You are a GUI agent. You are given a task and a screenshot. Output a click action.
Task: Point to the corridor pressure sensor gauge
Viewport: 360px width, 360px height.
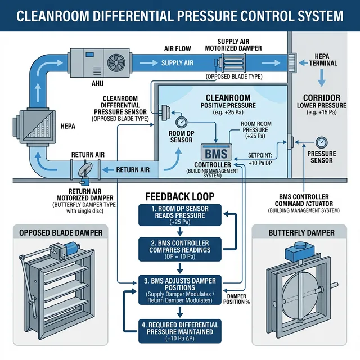[x=321, y=142]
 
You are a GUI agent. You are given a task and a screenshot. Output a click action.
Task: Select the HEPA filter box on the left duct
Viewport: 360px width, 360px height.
[x=33, y=126]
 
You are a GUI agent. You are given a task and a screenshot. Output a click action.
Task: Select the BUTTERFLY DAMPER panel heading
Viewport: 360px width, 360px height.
[x=302, y=232]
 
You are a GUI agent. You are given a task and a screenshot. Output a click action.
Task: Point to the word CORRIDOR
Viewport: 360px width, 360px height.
[x=322, y=96]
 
